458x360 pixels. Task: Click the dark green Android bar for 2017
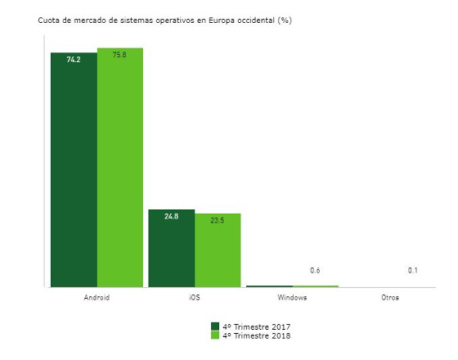pyautogui.click(x=74, y=172)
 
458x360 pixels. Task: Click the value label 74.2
pyautogui.click(x=74, y=60)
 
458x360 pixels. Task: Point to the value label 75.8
pyautogui.click(x=120, y=56)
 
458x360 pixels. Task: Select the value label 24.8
pyautogui.click(x=171, y=217)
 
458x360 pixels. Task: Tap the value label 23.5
pyautogui.click(x=218, y=220)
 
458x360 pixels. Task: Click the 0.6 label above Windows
pyautogui.click(x=315, y=271)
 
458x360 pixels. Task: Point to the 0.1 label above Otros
pyautogui.click(x=413, y=271)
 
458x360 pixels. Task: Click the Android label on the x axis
pyautogui.click(x=97, y=297)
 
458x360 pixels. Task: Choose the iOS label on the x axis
pyautogui.click(x=194, y=297)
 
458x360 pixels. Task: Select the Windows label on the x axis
pyautogui.click(x=292, y=297)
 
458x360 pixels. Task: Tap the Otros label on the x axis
pyautogui.click(x=390, y=297)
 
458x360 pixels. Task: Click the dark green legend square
pyautogui.click(x=216, y=326)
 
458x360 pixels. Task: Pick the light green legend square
pyautogui.click(x=216, y=335)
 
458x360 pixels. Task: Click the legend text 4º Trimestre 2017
pyautogui.click(x=257, y=326)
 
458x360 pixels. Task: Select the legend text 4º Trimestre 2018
pyautogui.click(x=257, y=335)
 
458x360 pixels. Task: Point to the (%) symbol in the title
pyautogui.click(x=285, y=20)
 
